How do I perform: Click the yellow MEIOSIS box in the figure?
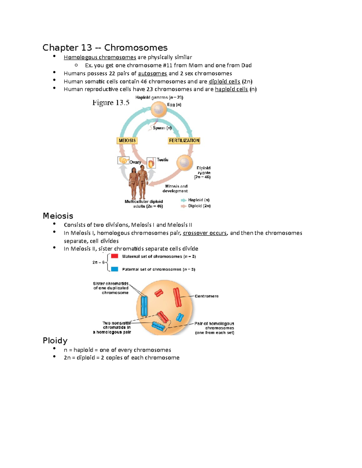tap(127, 140)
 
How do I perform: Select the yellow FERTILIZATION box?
tap(184, 140)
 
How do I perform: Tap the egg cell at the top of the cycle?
tap(159, 109)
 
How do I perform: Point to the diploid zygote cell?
tap(184, 163)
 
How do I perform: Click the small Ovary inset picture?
tap(123, 160)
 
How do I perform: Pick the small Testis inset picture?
tap(151, 163)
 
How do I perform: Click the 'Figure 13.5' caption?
tap(111, 103)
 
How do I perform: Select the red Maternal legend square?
tap(114, 256)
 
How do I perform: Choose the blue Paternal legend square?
tap(114, 269)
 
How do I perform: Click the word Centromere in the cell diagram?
tap(207, 296)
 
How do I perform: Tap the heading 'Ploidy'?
tap(55, 341)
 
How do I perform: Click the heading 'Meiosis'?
tap(58, 216)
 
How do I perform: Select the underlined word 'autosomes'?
tap(152, 74)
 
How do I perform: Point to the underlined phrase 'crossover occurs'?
tap(205, 233)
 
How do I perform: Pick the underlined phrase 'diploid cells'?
tap(224, 81)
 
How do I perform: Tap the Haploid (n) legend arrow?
tap(183, 200)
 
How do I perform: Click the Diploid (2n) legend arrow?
tap(183, 206)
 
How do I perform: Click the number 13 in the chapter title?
tap(86, 48)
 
